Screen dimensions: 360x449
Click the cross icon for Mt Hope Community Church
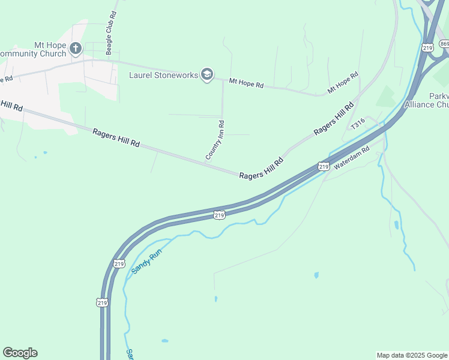76,48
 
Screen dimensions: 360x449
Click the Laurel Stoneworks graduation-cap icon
207,74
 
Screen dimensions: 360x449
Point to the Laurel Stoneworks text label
163,75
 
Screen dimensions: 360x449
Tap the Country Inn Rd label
215,140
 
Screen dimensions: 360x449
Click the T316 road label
358,124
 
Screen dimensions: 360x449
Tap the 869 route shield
444,44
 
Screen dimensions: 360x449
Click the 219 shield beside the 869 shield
427,47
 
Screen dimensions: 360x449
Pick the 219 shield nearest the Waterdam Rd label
324,166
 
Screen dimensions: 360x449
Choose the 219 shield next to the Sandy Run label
118,263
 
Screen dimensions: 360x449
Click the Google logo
20,353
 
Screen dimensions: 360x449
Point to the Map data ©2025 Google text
412,355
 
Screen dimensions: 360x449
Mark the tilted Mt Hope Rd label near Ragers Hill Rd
343,82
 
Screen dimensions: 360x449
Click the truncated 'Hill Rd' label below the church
11,106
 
